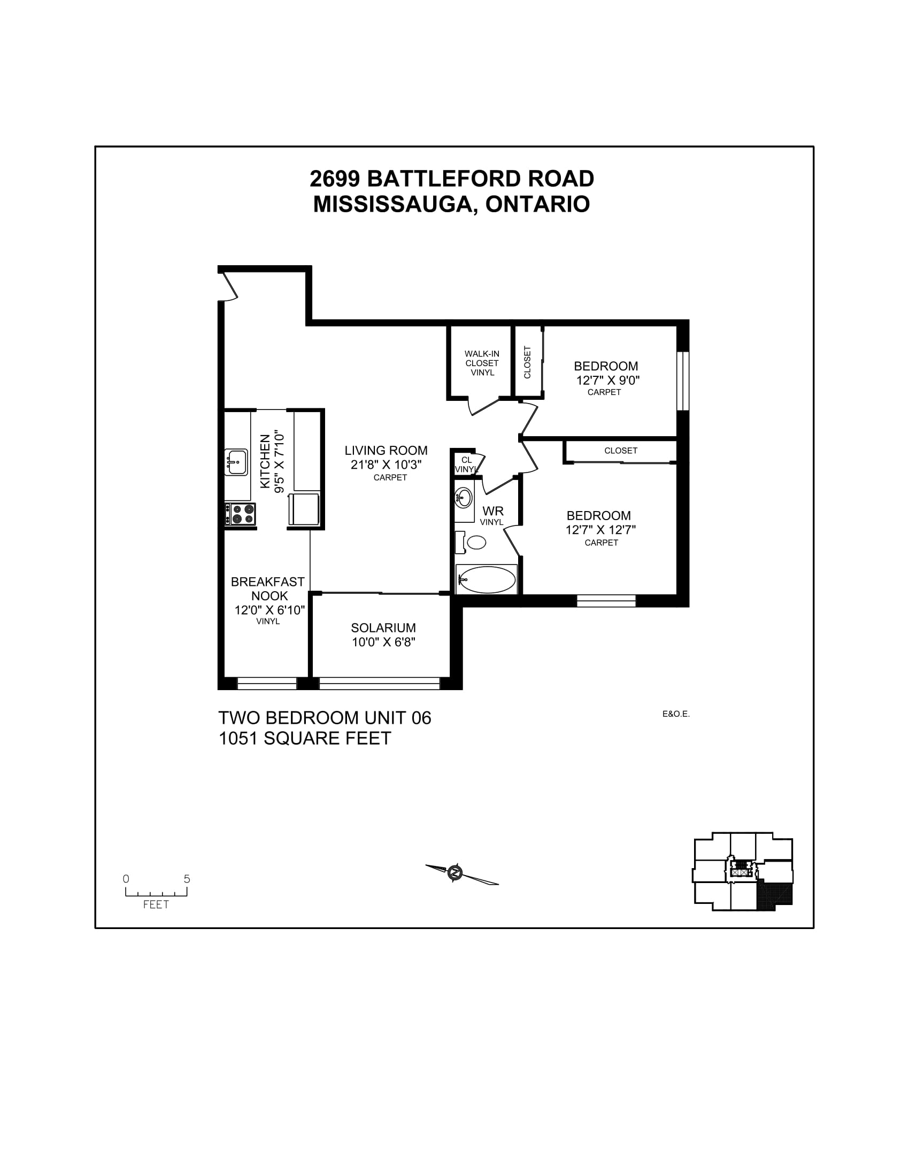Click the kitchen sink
pyautogui.click(x=236, y=462)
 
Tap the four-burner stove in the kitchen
pyautogui.click(x=241, y=514)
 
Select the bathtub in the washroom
pyautogui.click(x=486, y=580)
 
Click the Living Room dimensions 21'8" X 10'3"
pyautogui.click(x=386, y=465)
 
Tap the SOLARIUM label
pyautogui.click(x=383, y=628)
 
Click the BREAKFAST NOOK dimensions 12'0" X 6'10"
pyautogui.click(x=269, y=610)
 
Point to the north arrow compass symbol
pyautogui.click(x=456, y=872)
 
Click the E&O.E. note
pyautogui.click(x=676, y=715)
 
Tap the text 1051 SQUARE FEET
pyautogui.click(x=305, y=738)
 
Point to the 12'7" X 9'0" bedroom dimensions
pyautogui.click(x=607, y=380)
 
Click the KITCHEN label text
pyautogui.click(x=265, y=462)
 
